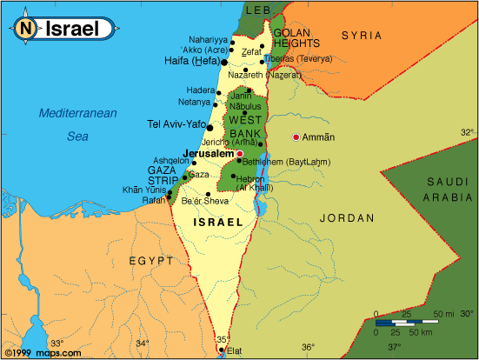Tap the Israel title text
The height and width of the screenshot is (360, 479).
[72, 27]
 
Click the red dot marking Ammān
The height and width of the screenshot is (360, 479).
[296, 137]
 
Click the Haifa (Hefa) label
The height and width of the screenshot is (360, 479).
[191, 62]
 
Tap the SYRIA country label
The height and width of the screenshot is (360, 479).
[360, 35]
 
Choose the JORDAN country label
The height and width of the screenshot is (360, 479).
[346, 218]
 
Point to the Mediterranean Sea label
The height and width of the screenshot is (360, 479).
[77, 123]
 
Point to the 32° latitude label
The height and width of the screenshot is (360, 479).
[467, 132]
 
